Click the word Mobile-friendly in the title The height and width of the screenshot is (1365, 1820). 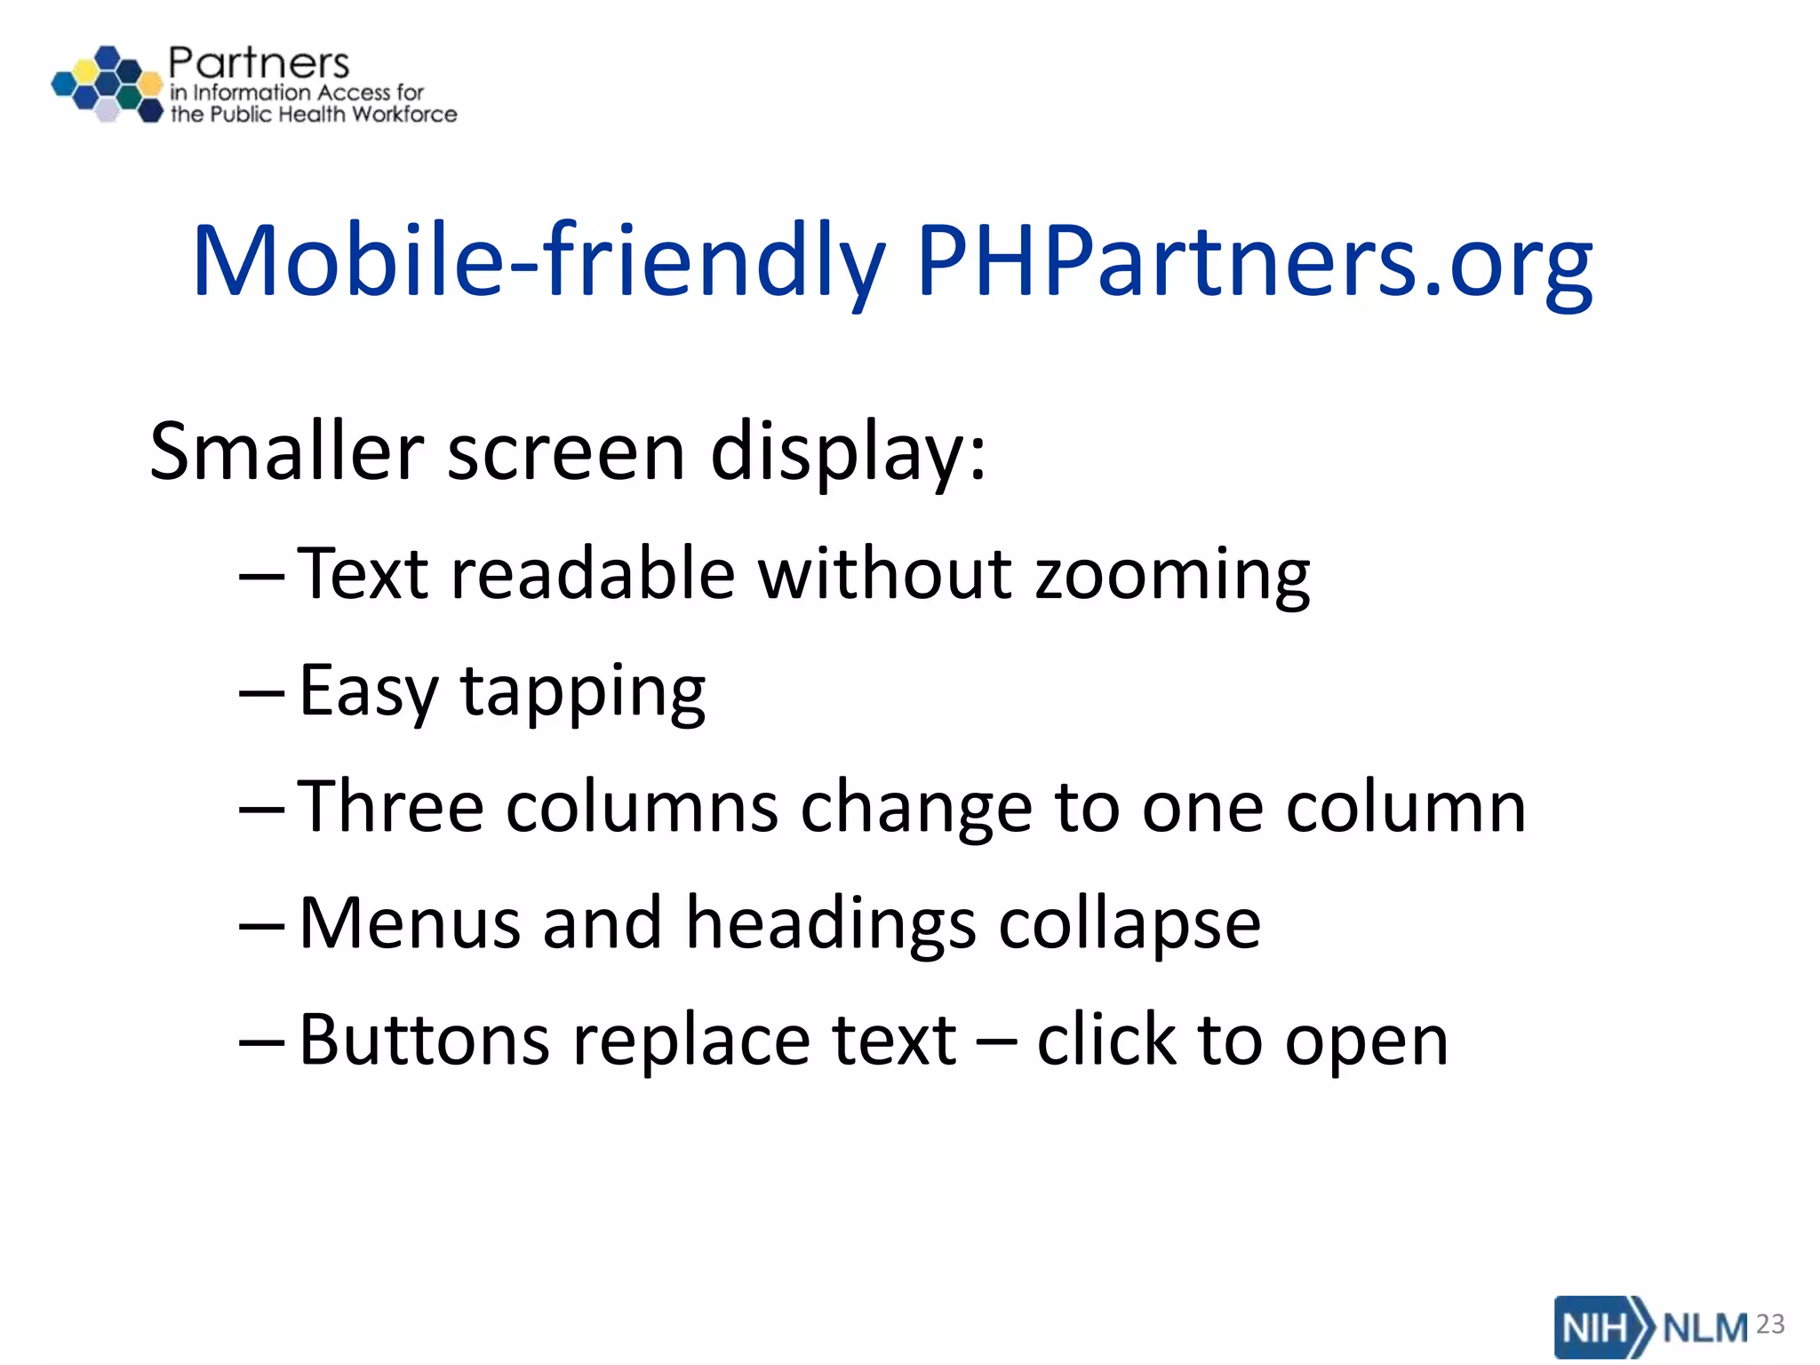click(538, 261)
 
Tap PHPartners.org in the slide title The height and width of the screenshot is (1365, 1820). click(1254, 261)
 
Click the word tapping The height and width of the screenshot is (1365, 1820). click(582, 693)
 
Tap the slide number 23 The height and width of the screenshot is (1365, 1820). click(1770, 1324)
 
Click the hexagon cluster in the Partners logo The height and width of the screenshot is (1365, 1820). click(108, 84)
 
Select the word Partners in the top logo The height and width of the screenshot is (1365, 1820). click(259, 63)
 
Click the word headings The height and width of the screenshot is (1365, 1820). click(831, 924)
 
